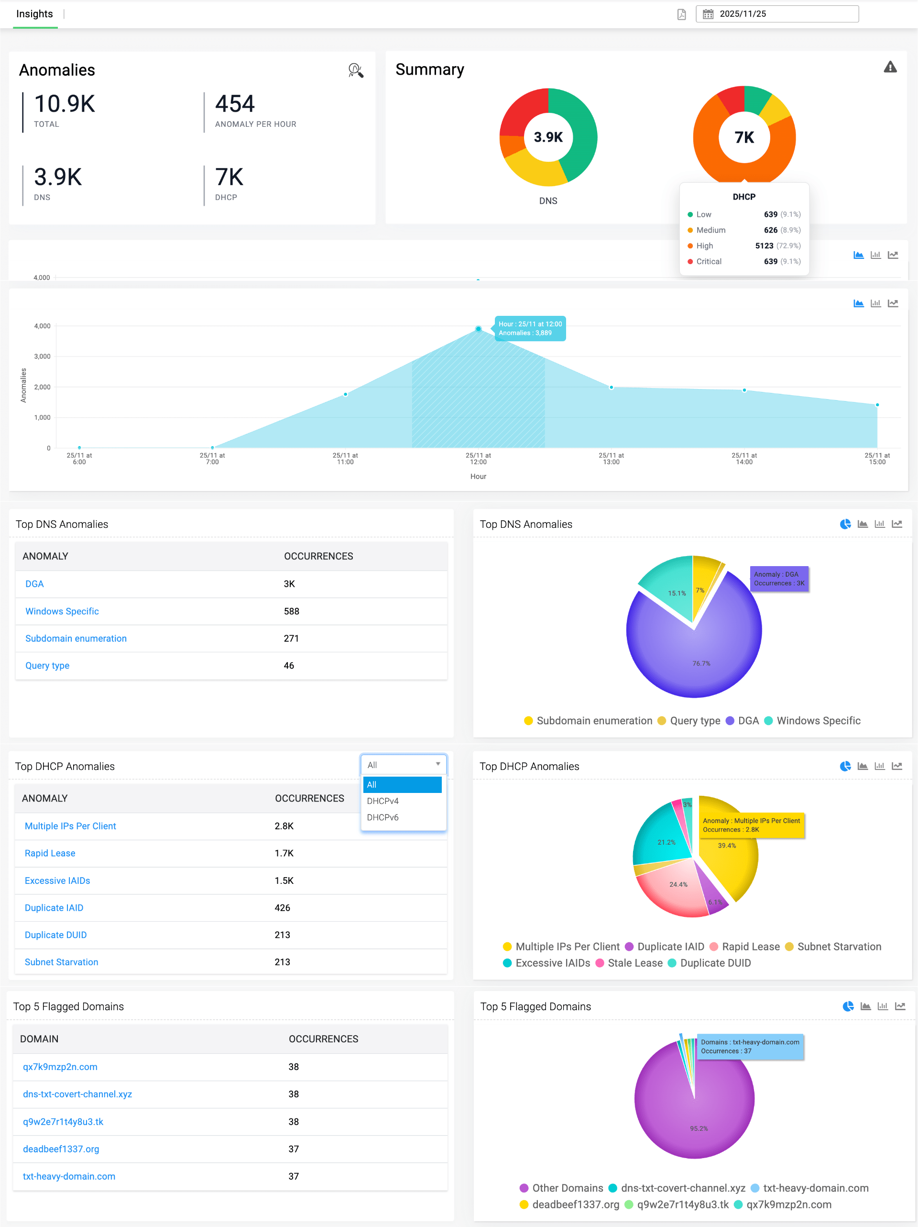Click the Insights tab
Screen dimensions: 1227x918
pos(34,14)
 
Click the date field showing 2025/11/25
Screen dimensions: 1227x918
pos(776,14)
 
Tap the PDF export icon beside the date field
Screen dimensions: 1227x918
pos(681,14)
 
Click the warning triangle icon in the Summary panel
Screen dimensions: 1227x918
pos(890,67)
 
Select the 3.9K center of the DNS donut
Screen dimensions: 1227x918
pos(548,137)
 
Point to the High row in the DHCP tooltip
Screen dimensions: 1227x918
pos(743,245)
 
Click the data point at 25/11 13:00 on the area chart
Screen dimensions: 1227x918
pos(612,387)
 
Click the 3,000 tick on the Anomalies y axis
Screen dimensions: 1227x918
pos(42,357)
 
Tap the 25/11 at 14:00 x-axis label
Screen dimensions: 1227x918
pos(744,458)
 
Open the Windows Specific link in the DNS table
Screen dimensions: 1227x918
pos(62,611)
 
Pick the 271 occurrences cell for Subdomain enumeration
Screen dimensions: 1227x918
pos(291,638)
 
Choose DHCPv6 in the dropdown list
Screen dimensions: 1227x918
pos(382,817)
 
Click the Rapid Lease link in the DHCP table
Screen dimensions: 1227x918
pos(50,853)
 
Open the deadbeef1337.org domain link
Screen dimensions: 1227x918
pos(61,1149)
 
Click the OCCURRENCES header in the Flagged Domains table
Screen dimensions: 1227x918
pos(323,1039)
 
